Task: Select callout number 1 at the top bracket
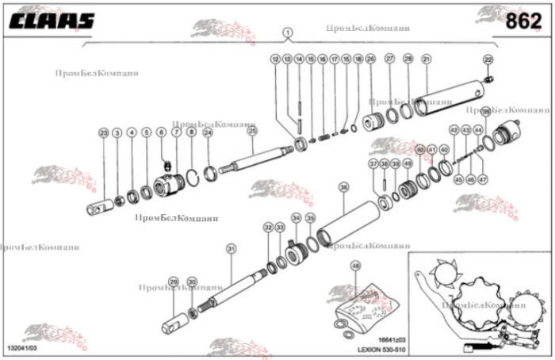[x=287, y=32]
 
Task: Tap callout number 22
[x=488, y=59]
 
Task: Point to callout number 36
[x=343, y=187]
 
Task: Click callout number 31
[x=231, y=249]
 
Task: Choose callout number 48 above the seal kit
[x=355, y=266]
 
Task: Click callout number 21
[x=426, y=59]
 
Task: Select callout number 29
[x=174, y=281]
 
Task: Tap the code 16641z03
[x=382, y=339]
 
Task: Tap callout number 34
[x=296, y=217]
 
